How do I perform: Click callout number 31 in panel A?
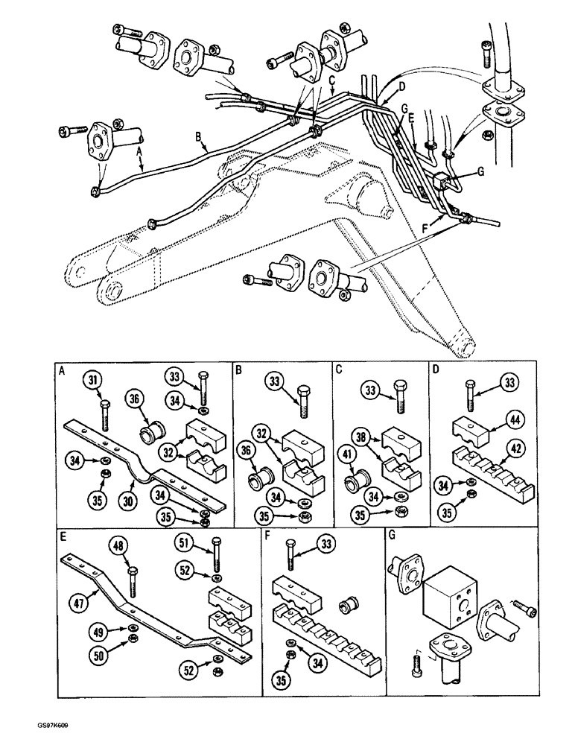click(92, 382)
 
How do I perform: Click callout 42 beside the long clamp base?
click(514, 448)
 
